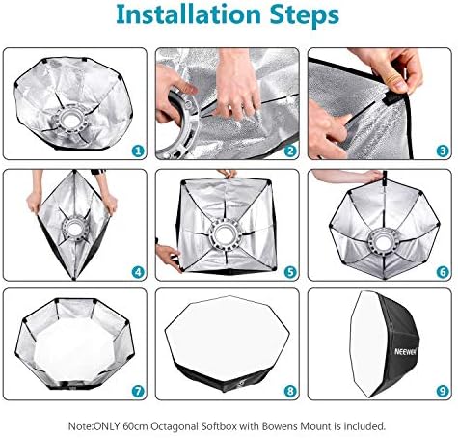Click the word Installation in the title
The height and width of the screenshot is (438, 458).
coord(189,14)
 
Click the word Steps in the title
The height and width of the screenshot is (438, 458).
coord(305,16)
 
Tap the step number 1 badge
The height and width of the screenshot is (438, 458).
coord(138,151)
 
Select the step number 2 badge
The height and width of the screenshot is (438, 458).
coord(290,151)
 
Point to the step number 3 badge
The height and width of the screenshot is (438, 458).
coord(443,151)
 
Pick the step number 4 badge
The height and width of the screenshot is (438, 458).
coord(138,272)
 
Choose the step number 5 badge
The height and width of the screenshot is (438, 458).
coord(290,272)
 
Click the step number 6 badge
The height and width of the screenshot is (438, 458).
coord(443,272)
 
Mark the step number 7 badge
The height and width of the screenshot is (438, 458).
coord(138,392)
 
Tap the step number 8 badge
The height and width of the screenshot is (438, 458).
coord(290,392)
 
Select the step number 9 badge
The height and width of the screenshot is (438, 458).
coord(443,392)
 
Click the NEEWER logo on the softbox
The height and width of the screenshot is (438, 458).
coord(405,352)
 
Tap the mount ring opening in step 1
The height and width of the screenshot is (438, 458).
coord(71,119)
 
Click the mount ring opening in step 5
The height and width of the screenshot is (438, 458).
coord(225,234)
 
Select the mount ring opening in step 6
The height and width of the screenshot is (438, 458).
coord(383,239)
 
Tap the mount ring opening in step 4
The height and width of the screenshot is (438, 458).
coord(75,229)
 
